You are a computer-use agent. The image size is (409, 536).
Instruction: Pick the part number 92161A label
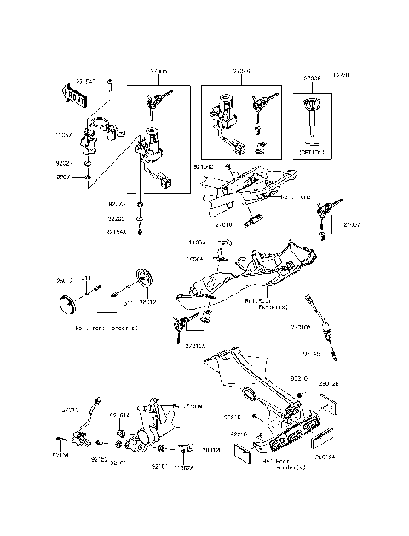coord(120,416)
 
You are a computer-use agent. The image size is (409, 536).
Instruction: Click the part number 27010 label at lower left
coord(70,410)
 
